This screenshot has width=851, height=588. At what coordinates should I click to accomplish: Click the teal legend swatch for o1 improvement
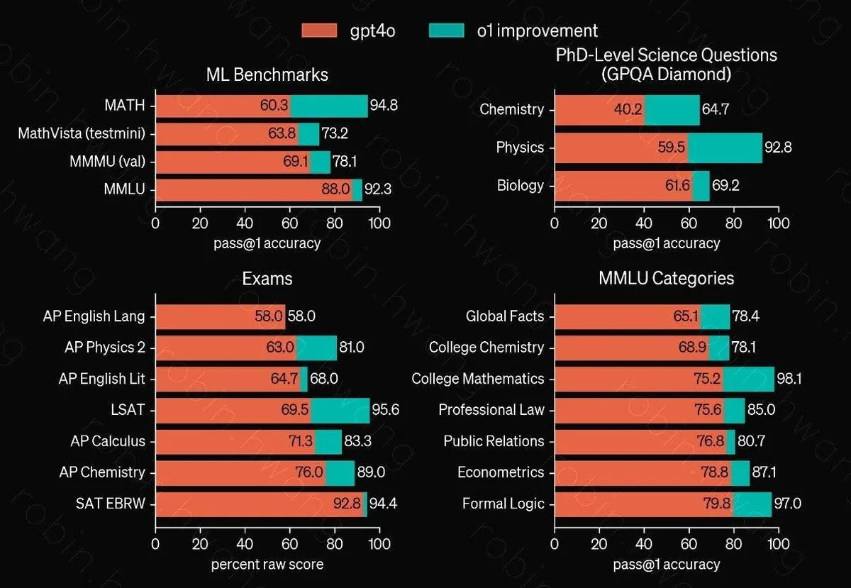click(446, 30)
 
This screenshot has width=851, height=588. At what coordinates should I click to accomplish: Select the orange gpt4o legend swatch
click(319, 30)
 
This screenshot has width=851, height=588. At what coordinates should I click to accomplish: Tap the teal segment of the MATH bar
click(329, 106)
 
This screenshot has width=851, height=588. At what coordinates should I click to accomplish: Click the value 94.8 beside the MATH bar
click(384, 105)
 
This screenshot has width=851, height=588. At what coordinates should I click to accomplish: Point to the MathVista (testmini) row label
click(82, 133)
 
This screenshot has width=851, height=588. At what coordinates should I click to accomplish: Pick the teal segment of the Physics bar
click(725, 148)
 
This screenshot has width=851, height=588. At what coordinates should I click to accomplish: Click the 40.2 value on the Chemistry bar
click(628, 109)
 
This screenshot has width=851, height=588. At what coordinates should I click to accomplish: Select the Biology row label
click(520, 186)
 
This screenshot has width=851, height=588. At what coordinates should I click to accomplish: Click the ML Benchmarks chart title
click(267, 74)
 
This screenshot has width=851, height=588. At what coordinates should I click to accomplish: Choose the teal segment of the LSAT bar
click(340, 411)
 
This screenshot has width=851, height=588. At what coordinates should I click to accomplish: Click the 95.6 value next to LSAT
click(386, 410)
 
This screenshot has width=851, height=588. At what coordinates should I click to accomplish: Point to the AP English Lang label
click(94, 316)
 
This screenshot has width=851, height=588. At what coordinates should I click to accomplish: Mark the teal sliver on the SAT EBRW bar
click(365, 504)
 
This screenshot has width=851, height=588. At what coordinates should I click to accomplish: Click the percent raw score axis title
click(267, 565)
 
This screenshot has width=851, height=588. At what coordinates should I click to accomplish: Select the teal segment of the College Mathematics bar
click(748, 379)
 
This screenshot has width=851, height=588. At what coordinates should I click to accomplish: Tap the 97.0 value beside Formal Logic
click(788, 504)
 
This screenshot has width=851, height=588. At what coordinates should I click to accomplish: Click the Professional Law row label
click(491, 410)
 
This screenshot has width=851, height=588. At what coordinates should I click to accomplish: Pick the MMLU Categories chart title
click(666, 278)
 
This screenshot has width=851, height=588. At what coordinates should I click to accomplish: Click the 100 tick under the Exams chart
click(379, 544)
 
